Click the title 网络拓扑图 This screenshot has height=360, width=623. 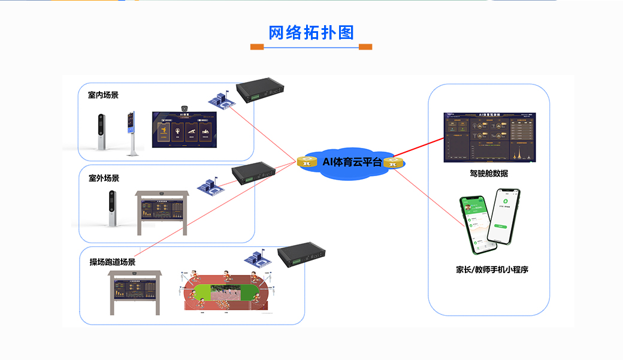(311, 32)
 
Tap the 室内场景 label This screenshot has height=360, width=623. (103, 95)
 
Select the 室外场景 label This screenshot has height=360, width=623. (104, 178)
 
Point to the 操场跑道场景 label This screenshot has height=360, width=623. (113, 262)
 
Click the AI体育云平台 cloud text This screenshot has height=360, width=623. (352, 162)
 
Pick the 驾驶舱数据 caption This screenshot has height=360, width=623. (489, 174)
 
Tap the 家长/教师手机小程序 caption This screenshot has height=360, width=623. (492, 270)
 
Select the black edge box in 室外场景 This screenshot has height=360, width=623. (254, 172)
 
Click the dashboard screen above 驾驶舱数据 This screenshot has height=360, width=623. (488, 137)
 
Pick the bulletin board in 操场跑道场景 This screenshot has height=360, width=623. (135, 292)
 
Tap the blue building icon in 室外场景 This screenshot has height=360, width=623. (211, 185)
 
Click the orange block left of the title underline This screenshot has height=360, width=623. (257, 47)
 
